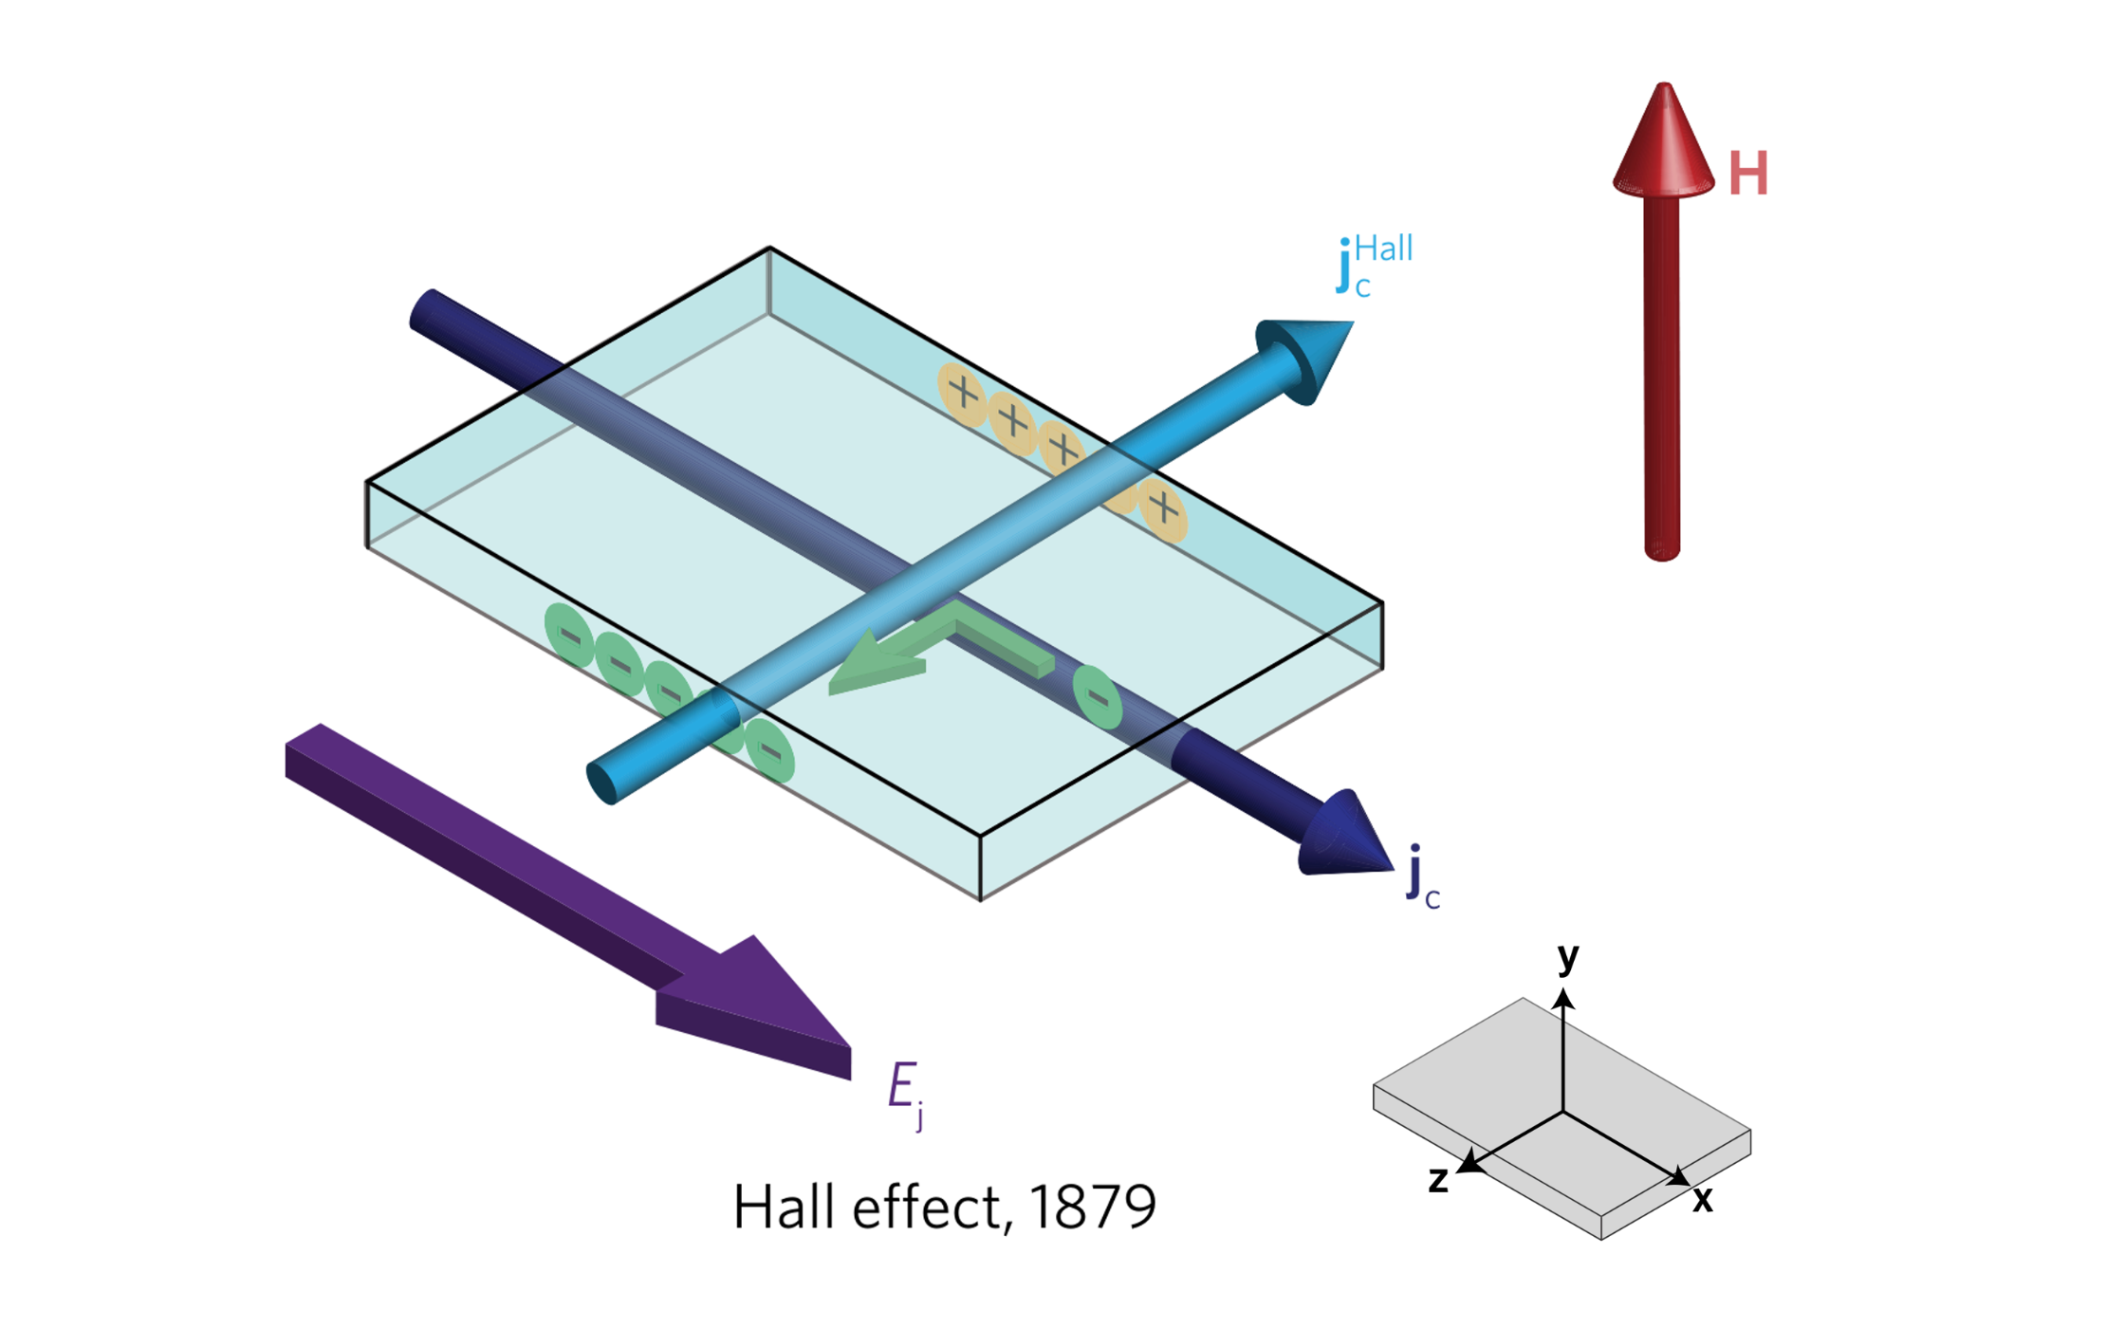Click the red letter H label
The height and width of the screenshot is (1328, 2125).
click(x=1747, y=174)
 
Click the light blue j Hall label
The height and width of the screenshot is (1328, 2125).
click(x=1375, y=265)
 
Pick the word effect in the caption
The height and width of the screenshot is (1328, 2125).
click(x=926, y=1208)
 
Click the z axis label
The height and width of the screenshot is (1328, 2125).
click(x=1438, y=1179)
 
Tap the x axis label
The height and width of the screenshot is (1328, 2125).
click(x=1703, y=1199)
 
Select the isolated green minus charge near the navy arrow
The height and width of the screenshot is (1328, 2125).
click(x=1098, y=697)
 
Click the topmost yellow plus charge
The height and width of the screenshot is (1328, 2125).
click(x=963, y=392)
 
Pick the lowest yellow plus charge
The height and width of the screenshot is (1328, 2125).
click(x=1164, y=509)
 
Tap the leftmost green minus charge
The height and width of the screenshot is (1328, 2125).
click(x=569, y=634)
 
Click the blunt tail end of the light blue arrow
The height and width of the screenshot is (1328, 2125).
click(x=603, y=782)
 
